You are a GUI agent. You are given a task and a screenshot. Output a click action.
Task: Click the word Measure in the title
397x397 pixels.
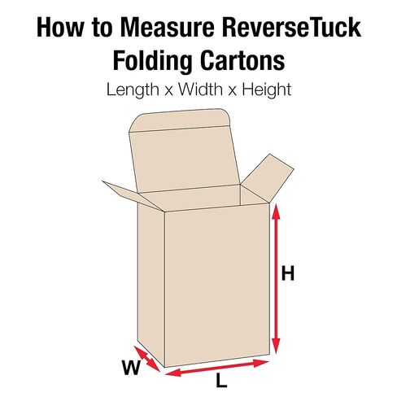168,28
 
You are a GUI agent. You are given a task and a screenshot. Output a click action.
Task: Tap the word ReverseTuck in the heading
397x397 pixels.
291,27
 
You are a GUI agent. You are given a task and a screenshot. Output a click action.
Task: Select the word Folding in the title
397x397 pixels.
152,61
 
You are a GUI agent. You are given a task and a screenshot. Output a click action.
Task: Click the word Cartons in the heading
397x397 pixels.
242,60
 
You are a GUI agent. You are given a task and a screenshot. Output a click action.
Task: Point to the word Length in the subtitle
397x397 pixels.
133,89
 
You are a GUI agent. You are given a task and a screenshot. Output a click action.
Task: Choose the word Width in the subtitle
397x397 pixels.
200,89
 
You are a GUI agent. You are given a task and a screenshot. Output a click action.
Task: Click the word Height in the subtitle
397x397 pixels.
267,89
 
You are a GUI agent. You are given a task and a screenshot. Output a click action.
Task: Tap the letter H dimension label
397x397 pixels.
288,273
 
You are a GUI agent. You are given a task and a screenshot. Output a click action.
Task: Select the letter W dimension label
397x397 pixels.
132,368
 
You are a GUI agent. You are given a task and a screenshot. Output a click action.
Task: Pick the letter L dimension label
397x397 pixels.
221,380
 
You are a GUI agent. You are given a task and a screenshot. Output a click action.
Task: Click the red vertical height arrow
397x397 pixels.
276,279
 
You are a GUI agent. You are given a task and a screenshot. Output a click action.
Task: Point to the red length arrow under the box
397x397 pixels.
217,368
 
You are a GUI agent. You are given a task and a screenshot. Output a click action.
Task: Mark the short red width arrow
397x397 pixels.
147,359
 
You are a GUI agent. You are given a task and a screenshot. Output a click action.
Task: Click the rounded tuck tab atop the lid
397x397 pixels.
180,120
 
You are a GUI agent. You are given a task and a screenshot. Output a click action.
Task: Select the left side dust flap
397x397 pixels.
133,196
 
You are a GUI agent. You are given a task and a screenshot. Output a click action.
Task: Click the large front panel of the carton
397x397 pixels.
217,285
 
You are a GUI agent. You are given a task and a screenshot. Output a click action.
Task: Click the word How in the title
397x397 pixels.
59,28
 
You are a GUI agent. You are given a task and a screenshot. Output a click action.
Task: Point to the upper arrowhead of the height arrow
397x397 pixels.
276,212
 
